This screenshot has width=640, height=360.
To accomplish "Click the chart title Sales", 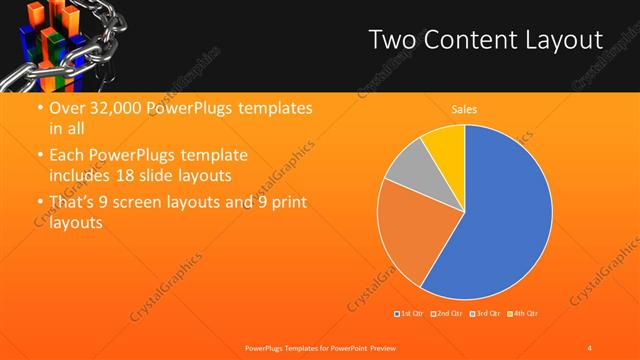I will (x=463, y=109).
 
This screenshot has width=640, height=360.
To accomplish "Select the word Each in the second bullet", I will (x=66, y=156).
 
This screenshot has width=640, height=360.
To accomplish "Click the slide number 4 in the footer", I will (x=589, y=347).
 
